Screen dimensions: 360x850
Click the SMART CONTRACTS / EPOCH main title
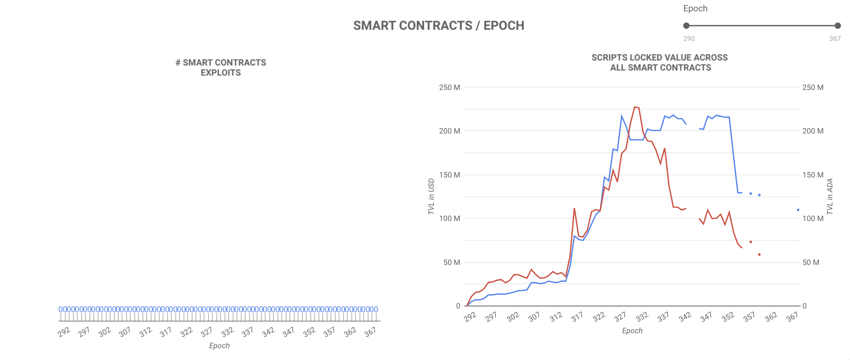(438, 26)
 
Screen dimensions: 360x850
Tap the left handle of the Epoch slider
(686, 26)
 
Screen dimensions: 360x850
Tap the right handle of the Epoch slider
(837, 26)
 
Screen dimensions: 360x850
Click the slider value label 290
(689, 39)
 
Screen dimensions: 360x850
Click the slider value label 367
(835, 39)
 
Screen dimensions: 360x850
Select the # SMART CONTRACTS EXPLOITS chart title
(221, 67)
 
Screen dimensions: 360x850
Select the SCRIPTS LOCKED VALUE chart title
(660, 62)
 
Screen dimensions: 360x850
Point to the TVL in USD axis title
(431, 196)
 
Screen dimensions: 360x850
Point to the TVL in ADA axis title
(830, 196)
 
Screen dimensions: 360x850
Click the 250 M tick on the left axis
(449, 87)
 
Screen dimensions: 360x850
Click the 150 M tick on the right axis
(813, 175)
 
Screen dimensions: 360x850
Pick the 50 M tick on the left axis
(451, 262)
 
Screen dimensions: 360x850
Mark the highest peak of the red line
(635, 107)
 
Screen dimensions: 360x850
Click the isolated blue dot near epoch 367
(798, 210)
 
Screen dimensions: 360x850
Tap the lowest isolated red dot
(759, 255)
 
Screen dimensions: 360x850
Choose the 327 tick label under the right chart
(620, 316)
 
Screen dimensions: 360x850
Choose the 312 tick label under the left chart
(145, 332)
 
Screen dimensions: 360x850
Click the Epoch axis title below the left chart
(219, 346)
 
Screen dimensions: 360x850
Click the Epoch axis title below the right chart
(632, 331)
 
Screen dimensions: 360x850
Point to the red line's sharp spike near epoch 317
(574, 208)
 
